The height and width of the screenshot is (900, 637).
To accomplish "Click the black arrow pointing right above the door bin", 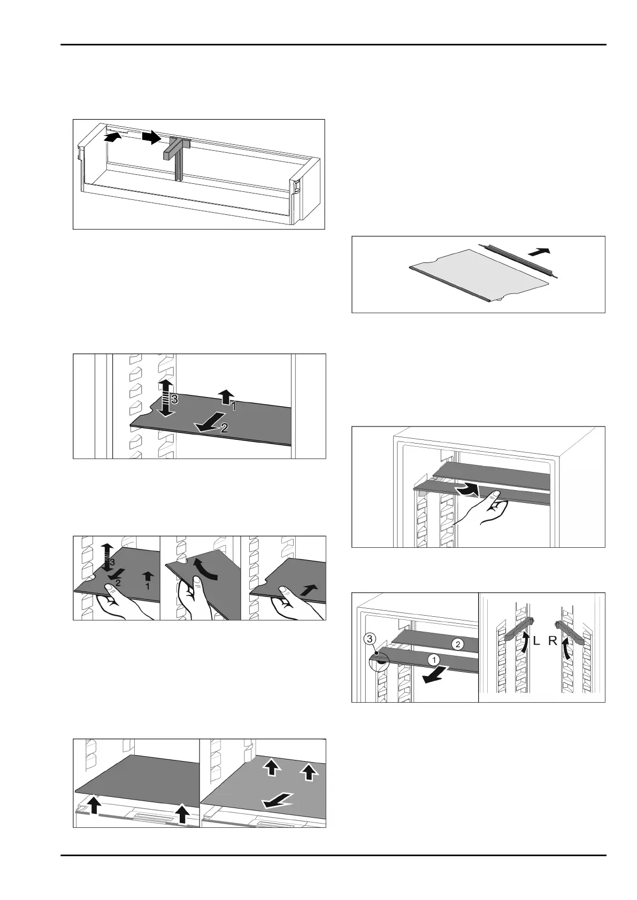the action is tap(151, 137).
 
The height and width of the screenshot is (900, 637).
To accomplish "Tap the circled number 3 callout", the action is tap(370, 638).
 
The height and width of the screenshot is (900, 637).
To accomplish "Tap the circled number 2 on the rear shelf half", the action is tap(457, 644).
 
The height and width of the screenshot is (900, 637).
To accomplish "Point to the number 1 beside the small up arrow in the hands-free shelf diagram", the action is tap(233, 407).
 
